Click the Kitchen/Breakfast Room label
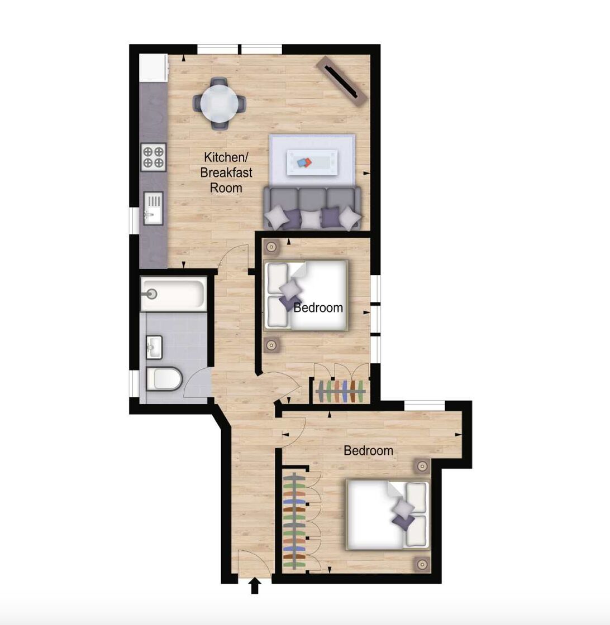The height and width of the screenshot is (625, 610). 226,172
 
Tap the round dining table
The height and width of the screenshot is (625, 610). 220,104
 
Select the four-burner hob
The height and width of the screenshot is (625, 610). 153,157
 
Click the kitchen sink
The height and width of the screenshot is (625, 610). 153,208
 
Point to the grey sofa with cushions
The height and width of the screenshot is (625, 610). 312,208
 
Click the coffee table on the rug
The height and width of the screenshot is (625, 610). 312,162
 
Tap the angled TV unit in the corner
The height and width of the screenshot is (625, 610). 341,80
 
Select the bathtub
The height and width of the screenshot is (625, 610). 174,294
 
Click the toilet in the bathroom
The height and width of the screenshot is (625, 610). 164,379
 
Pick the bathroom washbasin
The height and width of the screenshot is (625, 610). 154,347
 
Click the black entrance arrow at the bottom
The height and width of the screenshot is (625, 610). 255,586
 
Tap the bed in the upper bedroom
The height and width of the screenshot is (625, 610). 306,295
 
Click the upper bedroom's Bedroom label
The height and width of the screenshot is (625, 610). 318,307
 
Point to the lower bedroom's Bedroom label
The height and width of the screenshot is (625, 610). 368,451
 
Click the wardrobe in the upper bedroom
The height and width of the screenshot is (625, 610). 340,391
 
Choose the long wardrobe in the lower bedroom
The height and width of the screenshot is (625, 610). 294,521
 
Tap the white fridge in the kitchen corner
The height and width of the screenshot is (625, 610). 153,68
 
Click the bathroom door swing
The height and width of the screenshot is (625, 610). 197,382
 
